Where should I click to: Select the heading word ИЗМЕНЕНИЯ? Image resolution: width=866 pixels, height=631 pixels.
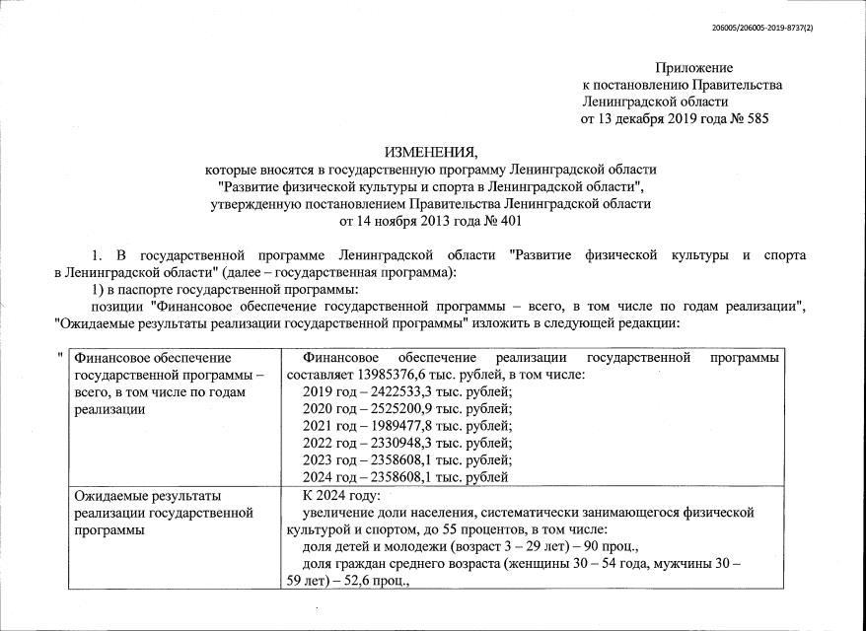(430, 152)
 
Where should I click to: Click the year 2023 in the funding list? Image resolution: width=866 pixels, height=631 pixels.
(321, 460)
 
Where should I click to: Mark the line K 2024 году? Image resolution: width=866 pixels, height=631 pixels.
(342, 495)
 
